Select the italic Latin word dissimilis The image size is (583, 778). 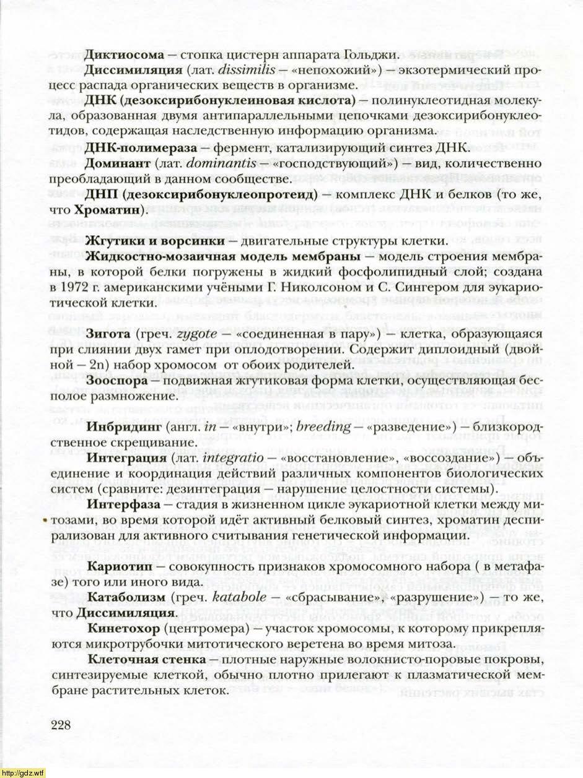[247, 69]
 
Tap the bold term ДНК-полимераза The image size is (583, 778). [132, 147]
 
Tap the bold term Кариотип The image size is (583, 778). [118, 566]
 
